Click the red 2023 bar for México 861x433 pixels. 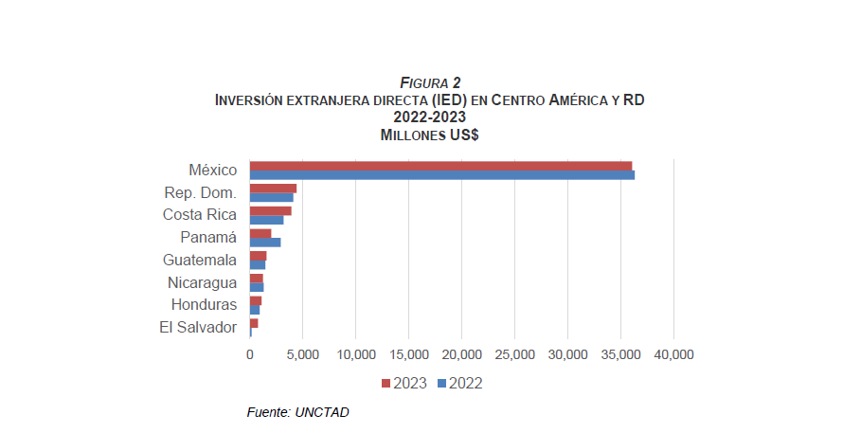pos(440,166)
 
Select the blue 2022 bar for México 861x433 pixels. pos(441,174)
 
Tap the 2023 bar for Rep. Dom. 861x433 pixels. pos(273,189)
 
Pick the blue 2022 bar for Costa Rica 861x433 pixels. pos(266,220)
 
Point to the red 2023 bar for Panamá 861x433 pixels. pos(260,233)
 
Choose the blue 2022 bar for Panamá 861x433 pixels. pos(265,243)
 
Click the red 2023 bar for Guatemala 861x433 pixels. pos(258,256)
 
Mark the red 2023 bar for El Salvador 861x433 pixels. pos(254,323)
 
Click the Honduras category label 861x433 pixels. pos(204,305)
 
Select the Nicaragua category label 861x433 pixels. pos(202,282)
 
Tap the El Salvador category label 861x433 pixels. pos(198,328)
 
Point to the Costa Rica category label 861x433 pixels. pos(200,215)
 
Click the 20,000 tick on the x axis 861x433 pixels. pos(461,354)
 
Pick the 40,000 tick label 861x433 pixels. pos(673,354)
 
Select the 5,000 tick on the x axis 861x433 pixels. pos(302,354)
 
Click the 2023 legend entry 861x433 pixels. pos(404,384)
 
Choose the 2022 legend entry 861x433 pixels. pos(460,384)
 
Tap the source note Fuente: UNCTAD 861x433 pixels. pos(291,412)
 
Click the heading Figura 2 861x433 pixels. pos(430,83)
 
